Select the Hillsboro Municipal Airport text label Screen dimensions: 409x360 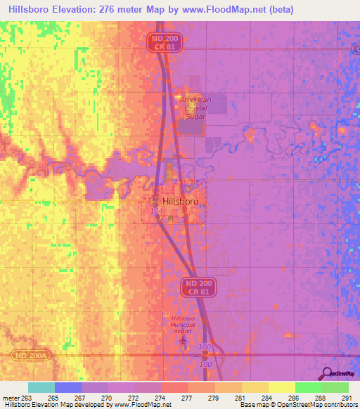point(185,323)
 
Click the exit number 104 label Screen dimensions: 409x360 point(155,211)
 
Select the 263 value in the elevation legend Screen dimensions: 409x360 point(27,398)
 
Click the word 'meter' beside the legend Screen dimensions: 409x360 point(11,398)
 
